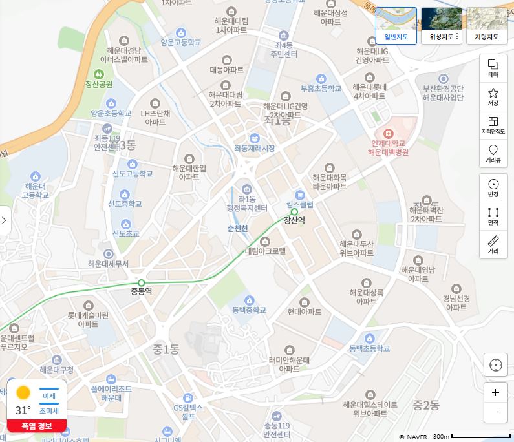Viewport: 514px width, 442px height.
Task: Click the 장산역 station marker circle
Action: tap(294, 211)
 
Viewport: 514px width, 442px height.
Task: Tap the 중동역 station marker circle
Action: tap(142, 282)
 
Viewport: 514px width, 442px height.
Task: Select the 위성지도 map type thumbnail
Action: tap(442, 25)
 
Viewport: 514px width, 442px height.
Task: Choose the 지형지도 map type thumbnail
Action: tap(487, 25)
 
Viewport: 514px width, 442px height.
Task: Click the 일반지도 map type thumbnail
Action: tap(396, 25)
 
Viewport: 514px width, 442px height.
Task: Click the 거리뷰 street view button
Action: tap(493, 154)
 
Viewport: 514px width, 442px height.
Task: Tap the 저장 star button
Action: tap(493, 97)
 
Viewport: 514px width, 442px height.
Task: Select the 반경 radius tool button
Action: tap(493, 187)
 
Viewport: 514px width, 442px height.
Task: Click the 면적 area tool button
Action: tap(493, 216)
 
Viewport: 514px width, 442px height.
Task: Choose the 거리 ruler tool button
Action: tap(493, 244)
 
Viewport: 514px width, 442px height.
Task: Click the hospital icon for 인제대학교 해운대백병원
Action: tap(388, 133)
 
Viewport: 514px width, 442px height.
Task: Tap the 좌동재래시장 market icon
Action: tap(255, 138)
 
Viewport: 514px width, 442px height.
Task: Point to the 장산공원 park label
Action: tap(99, 84)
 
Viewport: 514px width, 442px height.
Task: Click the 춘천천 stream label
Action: tap(237, 228)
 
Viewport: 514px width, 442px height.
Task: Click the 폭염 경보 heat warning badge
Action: tap(37, 426)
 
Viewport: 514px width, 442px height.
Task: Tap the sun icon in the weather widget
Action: tap(23, 393)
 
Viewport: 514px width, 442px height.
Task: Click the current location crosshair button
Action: tap(496, 365)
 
